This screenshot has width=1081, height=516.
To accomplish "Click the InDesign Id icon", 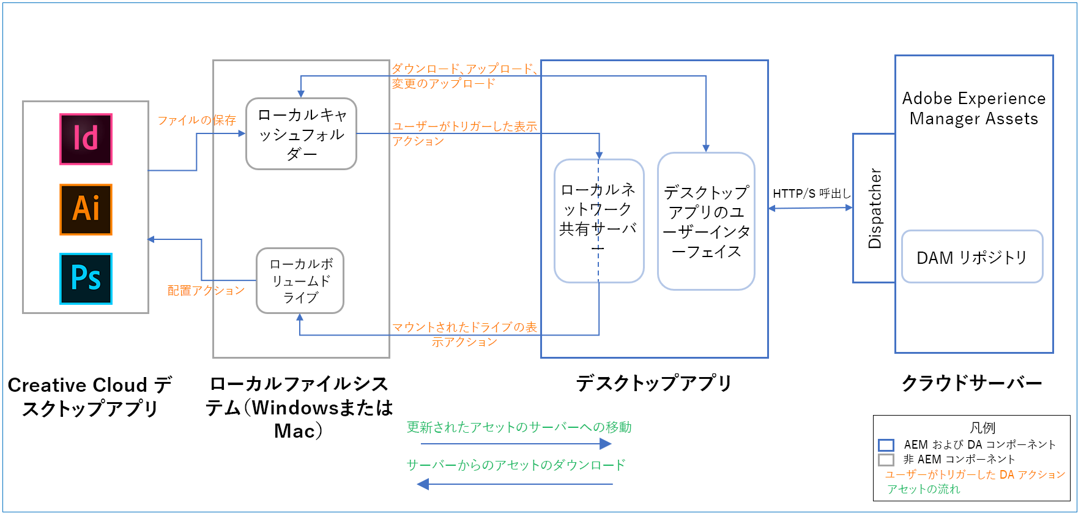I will pyautogui.click(x=86, y=139).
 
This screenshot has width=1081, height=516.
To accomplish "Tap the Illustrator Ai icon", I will pyautogui.click(x=86, y=209).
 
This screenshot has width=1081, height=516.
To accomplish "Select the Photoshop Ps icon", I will pyautogui.click(x=86, y=279).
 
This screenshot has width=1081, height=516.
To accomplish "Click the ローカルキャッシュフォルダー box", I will pyautogui.click(x=301, y=133).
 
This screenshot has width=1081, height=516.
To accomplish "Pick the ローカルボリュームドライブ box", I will pyautogui.click(x=300, y=280).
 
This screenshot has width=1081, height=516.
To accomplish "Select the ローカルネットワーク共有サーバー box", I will pyautogui.click(x=599, y=221).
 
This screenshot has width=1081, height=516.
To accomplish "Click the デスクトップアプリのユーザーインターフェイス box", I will pyautogui.click(x=706, y=221).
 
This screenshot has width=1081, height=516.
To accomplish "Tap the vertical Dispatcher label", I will pyautogui.click(x=874, y=208).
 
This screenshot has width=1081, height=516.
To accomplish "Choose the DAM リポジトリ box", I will pyautogui.click(x=971, y=257).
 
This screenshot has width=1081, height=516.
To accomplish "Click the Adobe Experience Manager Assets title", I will pyautogui.click(x=973, y=108).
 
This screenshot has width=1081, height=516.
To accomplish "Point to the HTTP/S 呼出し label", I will pyautogui.click(x=811, y=193).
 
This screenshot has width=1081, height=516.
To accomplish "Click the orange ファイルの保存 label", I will pyautogui.click(x=196, y=120).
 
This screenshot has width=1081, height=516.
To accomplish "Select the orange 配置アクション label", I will pyautogui.click(x=206, y=290).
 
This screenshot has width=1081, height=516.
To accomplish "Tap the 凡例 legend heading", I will pyautogui.click(x=983, y=427).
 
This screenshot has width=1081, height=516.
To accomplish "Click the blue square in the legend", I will pyautogui.click(x=886, y=445).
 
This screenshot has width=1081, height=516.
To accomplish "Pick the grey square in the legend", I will pyautogui.click(x=886, y=460).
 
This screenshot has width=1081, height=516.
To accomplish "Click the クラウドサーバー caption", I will pyautogui.click(x=971, y=383).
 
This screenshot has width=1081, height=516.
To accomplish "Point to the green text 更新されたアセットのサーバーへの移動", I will pyautogui.click(x=519, y=427).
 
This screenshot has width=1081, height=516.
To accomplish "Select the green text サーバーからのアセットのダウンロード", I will pyautogui.click(x=516, y=465).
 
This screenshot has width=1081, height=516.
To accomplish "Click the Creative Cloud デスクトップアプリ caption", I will pyautogui.click(x=90, y=396).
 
